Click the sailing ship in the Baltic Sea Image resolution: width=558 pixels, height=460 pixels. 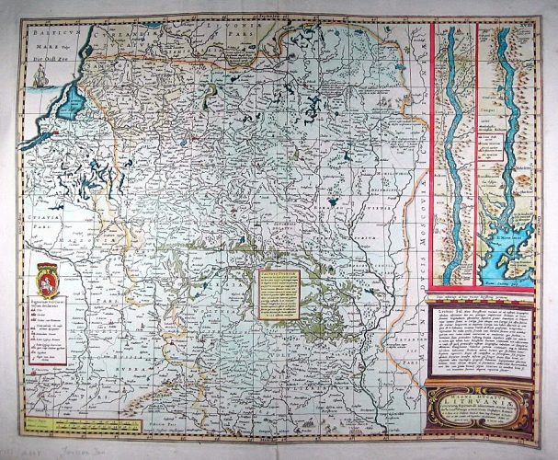point(37,79)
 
